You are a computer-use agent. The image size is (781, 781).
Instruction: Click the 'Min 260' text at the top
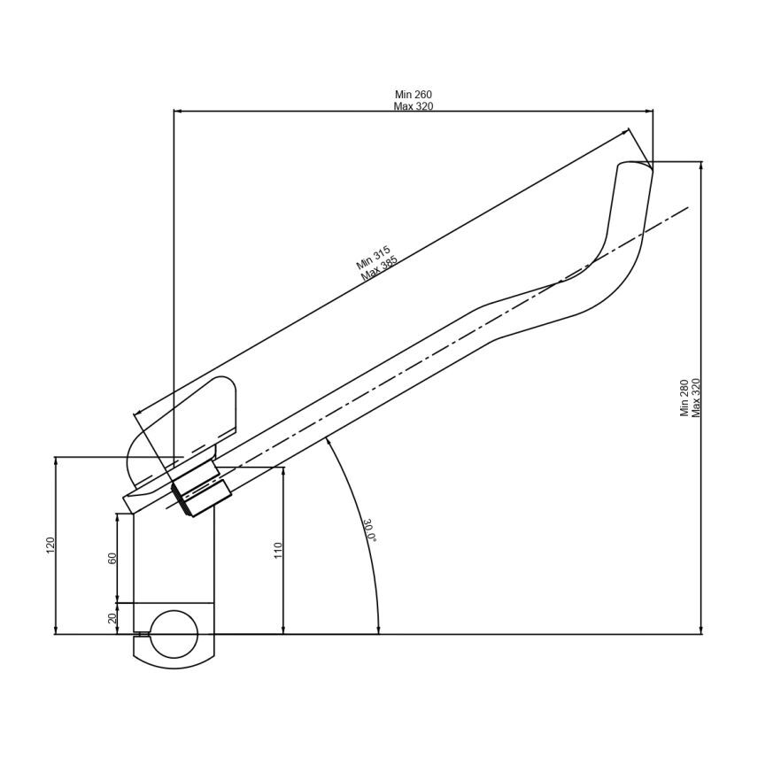pyautogui.click(x=413, y=95)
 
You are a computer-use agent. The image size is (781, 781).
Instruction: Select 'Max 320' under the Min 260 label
pyautogui.click(x=413, y=106)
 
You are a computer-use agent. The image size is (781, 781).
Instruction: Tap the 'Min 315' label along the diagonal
pyautogui.click(x=373, y=258)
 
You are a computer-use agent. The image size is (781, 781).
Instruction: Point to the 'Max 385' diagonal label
pyautogui.click(x=380, y=268)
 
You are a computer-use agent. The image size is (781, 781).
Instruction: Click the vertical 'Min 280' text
pyautogui.click(x=684, y=398)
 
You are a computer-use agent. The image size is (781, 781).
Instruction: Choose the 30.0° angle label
pyautogui.click(x=369, y=530)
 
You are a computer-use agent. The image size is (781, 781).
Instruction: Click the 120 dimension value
pyautogui.click(x=50, y=545)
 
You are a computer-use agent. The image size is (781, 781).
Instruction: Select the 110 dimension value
pyautogui.click(x=278, y=550)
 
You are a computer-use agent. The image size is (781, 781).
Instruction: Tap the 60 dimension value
pyautogui.click(x=112, y=559)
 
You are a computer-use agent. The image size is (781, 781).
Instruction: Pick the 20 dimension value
pyautogui.click(x=112, y=619)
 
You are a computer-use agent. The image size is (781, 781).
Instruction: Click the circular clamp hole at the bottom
pyautogui.click(x=174, y=634)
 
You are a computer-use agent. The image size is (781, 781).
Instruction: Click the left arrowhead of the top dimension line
pyautogui.click(x=177, y=112)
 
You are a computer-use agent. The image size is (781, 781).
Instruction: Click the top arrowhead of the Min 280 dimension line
pyautogui.click(x=700, y=165)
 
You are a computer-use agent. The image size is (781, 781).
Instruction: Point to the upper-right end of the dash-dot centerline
pyautogui.click(x=687, y=208)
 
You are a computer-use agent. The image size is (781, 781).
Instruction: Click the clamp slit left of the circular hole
pyautogui.click(x=140, y=634)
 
